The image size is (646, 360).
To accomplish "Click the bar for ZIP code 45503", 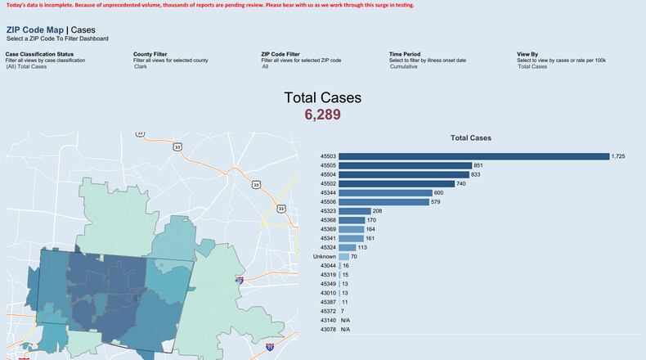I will click(473, 156).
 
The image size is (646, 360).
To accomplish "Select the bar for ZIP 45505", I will click(405, 165).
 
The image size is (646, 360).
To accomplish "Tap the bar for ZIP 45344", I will click(385, 193).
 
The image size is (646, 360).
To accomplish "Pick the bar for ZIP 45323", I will click(354, 211).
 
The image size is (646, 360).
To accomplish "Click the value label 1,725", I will click(618, 156).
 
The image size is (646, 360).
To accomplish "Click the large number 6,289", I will click(322, 115).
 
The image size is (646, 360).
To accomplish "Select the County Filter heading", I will click(150, 54).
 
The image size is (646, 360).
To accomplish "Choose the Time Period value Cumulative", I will click(403, 66).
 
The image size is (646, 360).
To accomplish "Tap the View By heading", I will click(527, 54).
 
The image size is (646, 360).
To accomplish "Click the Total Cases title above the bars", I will click(471, 138).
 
